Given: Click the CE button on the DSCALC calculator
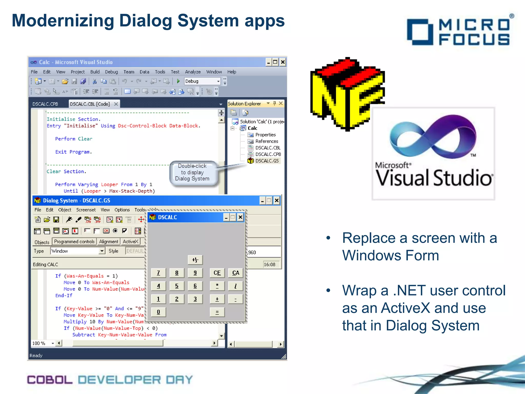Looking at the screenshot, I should click(x=217, y=273).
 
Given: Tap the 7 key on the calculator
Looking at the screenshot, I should click(x=158, y=273).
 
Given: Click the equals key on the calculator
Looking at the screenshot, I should click(x=217, y=312).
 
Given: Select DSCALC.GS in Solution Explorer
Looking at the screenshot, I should click(x=267, y=161).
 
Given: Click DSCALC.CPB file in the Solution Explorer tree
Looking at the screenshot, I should click(x=268, y=154).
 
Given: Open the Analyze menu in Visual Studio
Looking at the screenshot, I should click(x=193, y=72).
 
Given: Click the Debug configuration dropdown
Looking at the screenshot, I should click(x=202, y=81).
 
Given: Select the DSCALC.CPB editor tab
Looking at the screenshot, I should click(x=45, y=104).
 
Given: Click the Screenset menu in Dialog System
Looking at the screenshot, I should click(x=86, y=210).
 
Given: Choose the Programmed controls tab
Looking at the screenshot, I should click(x=74, y=242).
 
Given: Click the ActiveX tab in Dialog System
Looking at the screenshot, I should click(x=130, y=242).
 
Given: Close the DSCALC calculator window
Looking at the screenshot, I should click(x=240, y=218).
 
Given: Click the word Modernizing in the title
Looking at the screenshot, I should click(x=63, y=21).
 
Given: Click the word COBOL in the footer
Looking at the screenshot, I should click(x=50, y=380).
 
